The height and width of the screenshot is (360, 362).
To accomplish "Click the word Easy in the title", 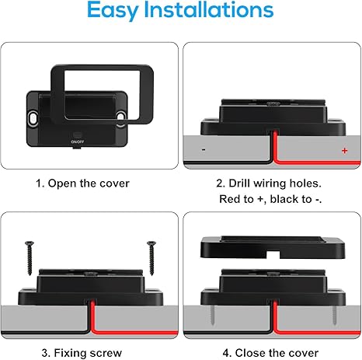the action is [113, 11].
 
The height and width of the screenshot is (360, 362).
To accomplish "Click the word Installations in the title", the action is [209, 9].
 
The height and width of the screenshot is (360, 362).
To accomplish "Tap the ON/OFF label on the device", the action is [78, 142].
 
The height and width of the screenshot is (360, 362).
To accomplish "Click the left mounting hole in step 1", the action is [33, 118].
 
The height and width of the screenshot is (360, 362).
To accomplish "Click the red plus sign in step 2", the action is [344, 150].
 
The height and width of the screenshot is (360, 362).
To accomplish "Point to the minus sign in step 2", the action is [204, 149].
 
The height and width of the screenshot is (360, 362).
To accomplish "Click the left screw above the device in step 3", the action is [30, 258].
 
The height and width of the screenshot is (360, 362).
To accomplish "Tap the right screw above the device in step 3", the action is [151, 258].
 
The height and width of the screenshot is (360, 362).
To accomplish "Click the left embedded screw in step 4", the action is [212, 315].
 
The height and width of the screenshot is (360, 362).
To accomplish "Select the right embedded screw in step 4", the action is [334, 315].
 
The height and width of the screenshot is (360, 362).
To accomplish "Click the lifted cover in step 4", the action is [273, 247].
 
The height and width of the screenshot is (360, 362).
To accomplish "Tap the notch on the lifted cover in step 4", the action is [273, 254].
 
